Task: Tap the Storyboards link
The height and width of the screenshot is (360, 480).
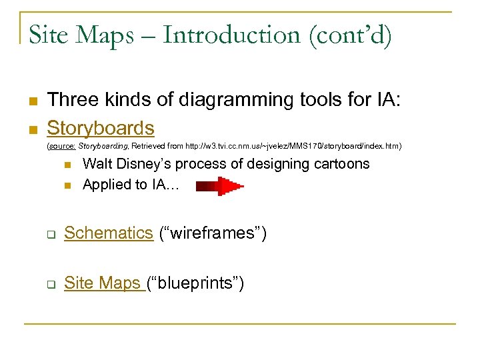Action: (101, 127)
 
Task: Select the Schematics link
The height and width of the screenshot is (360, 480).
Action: (109, 233)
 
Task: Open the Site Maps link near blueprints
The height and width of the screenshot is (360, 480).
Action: (103, 283)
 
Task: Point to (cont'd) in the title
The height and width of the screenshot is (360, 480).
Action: (350, 35)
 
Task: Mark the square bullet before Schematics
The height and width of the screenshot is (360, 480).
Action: (50, 234)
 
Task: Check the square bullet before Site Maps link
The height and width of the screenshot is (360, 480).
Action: (50, 285)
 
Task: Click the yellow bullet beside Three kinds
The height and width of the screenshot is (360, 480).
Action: (31, 101)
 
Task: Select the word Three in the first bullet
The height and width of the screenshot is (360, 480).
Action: (73, 100)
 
